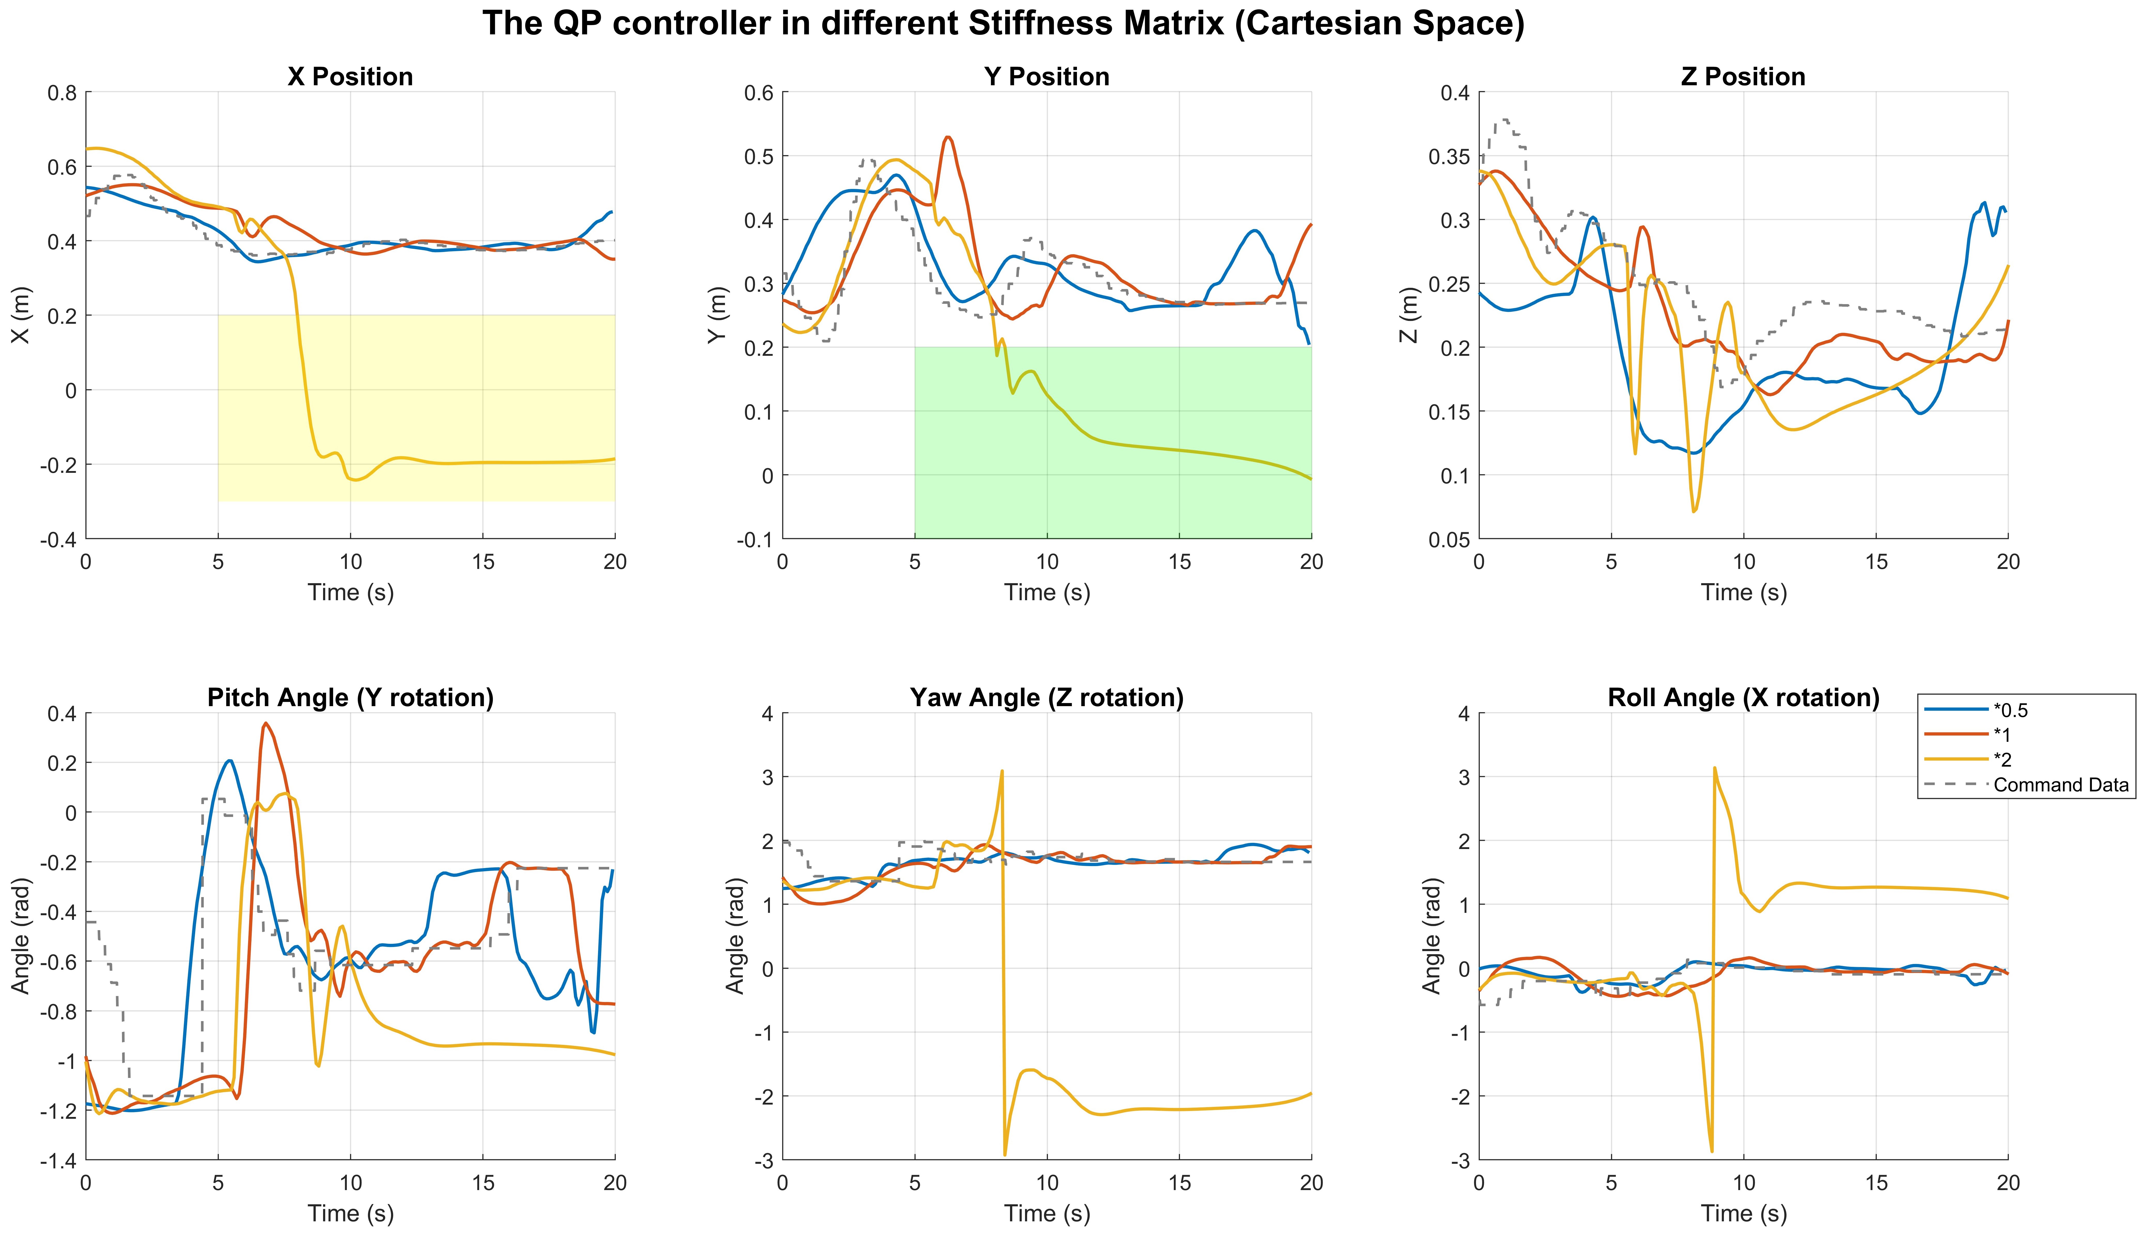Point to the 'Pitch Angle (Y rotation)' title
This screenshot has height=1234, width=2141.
pos(350,698)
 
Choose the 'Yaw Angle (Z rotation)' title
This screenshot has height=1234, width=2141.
pos(1047,698)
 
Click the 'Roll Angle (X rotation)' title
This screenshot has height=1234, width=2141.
pos(1744,698)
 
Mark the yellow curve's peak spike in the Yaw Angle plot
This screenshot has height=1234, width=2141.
pos(1002,771)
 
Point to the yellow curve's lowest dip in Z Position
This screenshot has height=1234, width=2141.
pos(1693,511)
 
